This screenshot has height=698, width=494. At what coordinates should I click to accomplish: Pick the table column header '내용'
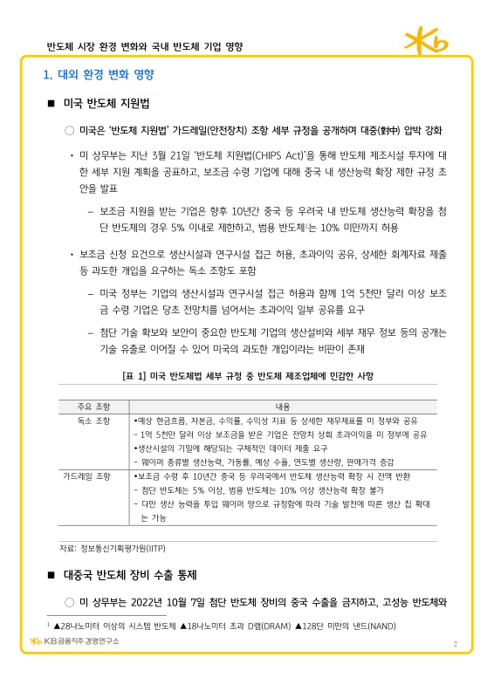pos(282,407)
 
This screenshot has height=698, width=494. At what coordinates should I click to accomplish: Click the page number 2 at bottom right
pos(455,643)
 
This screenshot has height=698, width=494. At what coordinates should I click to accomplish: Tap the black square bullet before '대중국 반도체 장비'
pos(51,576)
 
